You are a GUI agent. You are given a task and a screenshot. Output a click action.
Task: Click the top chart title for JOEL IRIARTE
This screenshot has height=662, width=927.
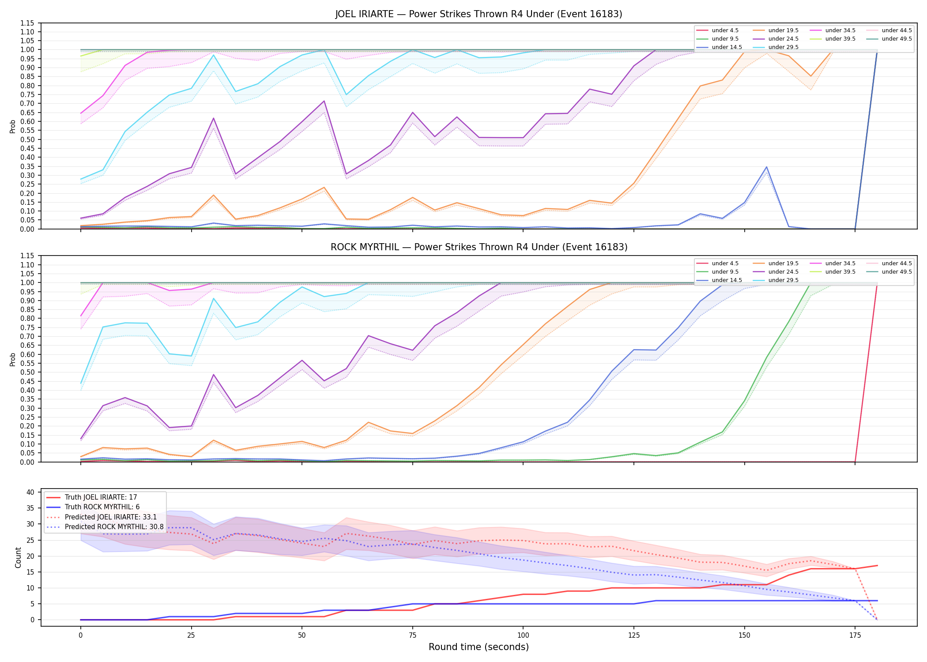pos(479,14)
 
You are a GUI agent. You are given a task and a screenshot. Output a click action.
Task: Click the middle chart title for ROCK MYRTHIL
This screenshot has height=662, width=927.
pos(479,247)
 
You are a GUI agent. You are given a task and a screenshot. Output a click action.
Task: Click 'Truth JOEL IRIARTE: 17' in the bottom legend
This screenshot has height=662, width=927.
pos(92,497)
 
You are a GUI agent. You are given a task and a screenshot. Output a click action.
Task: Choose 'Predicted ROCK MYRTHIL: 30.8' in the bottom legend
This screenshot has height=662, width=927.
pos(105,527)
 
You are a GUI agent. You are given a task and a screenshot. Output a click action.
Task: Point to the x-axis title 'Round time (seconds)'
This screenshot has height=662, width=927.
pos(479,647)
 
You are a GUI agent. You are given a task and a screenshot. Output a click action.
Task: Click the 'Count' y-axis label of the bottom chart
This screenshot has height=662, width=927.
pos(18,557)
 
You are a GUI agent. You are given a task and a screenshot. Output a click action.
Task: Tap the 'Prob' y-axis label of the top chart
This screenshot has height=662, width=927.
pos(13,126)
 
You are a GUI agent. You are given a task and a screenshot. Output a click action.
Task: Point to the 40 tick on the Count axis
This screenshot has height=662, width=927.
pos(30,492)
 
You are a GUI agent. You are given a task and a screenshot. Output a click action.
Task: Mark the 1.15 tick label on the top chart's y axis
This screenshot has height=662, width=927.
pos(27,23)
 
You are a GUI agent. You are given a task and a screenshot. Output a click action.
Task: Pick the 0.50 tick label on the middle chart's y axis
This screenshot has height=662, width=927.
pos(27,372)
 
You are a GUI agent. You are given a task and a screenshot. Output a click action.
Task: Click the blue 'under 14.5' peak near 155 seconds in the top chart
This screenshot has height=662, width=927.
pos(767,167)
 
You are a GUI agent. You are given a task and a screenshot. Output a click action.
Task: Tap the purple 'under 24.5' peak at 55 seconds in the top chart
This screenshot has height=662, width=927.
pos(324,101)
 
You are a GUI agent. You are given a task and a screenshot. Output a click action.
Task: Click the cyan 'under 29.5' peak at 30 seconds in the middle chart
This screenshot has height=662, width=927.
pos(214,298)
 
